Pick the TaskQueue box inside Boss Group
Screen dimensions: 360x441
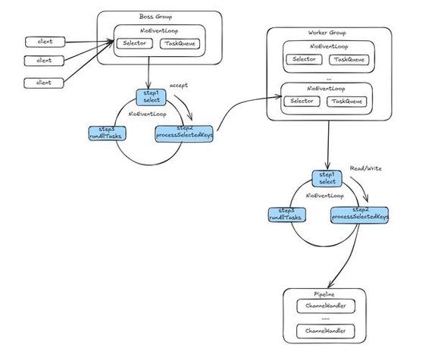tap(179, 45)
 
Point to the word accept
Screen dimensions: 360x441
tap(180, 85)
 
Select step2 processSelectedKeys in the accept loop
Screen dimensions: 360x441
tap(183, 133)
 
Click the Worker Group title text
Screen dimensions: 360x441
tap(328, 34)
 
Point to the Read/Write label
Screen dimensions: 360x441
tap(365, 167)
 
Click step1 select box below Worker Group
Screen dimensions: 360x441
tap(327, 178)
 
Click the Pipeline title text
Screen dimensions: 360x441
tap(324, 293)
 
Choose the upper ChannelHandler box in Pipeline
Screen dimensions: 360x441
tap(325, 307)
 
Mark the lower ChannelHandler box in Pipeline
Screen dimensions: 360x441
tap(325, 332)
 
